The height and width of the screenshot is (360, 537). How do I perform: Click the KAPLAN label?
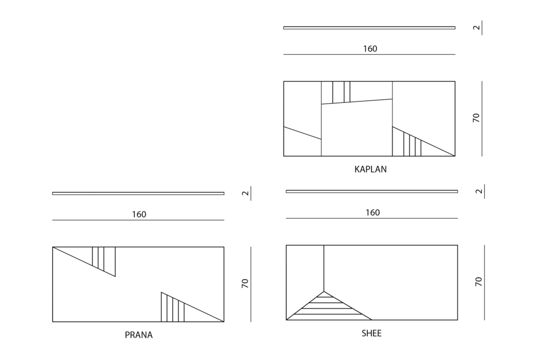coord(370,169)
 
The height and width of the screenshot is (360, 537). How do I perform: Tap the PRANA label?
coord(139,335)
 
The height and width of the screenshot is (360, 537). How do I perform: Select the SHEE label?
coord(372,333)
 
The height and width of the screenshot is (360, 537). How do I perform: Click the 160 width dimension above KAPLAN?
coord(370,49)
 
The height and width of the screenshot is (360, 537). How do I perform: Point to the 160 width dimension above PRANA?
coord(139,214)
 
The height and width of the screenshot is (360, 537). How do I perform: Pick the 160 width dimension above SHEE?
coord(373,212)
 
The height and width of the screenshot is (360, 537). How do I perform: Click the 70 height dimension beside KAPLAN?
coord(476,117)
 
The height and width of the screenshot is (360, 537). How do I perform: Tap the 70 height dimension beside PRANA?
coord(245,283)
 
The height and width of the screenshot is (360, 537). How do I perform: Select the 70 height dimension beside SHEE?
coord(478,282)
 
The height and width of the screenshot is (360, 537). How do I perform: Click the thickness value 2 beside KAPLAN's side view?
coord(476,27)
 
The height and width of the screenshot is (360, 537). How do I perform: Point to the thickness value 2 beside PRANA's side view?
coord(245,193)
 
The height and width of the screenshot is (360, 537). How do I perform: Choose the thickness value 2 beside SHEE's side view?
coord(479,192)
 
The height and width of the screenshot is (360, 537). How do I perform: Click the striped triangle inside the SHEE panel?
coord(328,308)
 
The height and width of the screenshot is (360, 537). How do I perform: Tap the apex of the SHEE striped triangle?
coord(324,291)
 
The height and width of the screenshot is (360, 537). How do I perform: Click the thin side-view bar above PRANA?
coord(139,193)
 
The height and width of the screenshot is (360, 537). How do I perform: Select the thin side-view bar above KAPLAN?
coord(369,28)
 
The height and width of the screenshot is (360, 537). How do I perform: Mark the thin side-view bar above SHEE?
coord(372,192)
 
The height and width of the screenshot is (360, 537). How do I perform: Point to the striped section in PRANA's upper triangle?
coord(104,259)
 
